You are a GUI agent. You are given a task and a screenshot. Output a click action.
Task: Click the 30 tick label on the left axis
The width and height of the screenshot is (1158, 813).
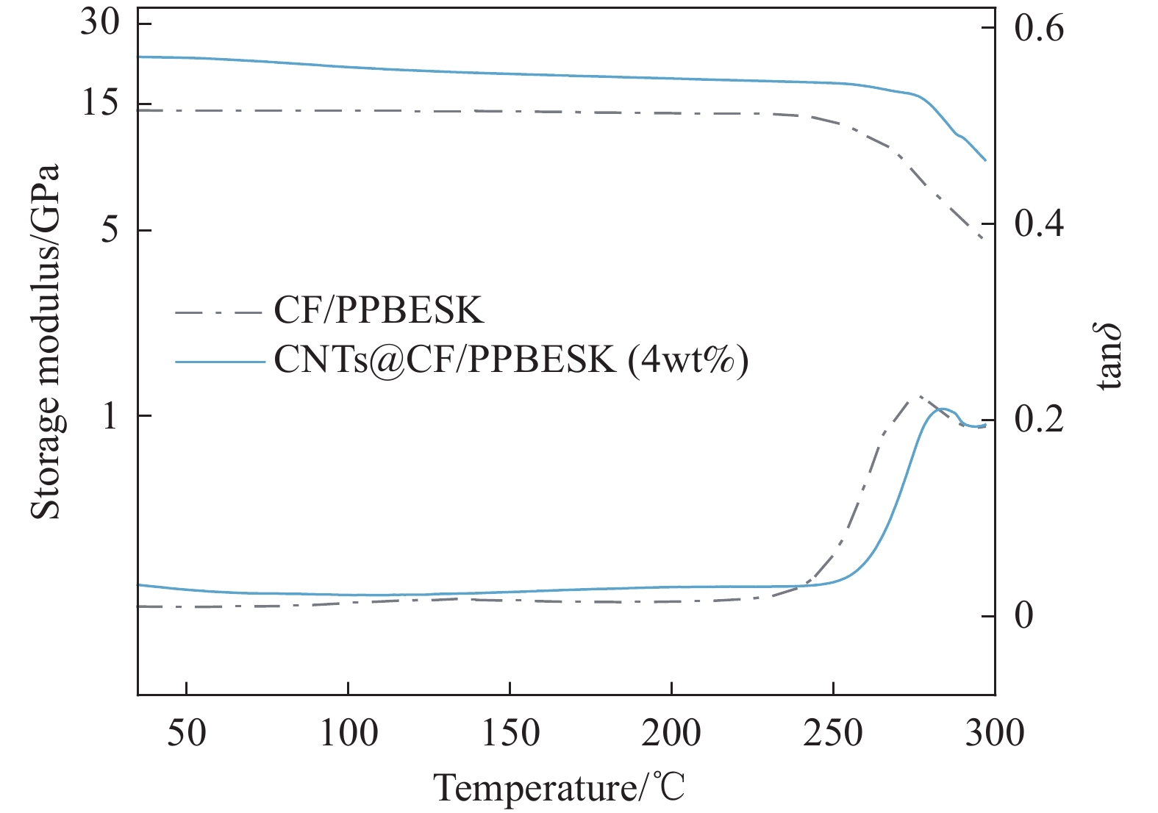[x=100, y=24]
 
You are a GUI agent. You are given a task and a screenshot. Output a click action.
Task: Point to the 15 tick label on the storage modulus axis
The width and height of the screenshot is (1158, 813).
[x=100, y=104]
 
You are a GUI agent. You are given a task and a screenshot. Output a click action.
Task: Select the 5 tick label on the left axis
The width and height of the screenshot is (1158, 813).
[x=109, y=230]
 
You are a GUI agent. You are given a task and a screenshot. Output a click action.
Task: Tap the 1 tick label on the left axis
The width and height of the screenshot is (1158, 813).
[x=110, y=416]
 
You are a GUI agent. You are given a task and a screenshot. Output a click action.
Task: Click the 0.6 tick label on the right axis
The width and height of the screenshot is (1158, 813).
[x=1038, y=29]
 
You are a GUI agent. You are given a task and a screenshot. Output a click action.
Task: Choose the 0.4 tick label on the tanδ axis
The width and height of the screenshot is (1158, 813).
[x=1038, y=224]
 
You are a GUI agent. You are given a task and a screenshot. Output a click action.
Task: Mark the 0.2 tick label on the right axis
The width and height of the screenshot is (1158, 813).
[x=1038, y=420]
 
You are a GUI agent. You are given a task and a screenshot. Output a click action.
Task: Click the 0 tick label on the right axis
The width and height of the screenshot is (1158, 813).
[x=1023, y=616]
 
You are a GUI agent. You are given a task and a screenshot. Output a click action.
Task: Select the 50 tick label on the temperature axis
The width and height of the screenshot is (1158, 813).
[x=187, y=733]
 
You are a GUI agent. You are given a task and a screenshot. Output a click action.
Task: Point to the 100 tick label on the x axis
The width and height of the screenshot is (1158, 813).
[x=348, y=733]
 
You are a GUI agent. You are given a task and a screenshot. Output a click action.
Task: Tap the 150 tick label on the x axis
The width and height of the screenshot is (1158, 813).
[x=510, y=733]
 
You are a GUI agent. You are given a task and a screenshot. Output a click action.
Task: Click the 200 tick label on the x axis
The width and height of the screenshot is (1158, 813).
[x=671, y=733]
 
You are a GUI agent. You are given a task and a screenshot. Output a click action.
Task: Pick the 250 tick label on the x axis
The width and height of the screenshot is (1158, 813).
[x=832, y=733]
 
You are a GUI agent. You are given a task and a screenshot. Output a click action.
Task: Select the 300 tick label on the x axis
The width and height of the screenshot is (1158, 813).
[x=994, y=733]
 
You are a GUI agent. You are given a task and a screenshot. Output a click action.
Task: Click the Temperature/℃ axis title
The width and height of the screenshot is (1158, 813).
[x=560, y=788]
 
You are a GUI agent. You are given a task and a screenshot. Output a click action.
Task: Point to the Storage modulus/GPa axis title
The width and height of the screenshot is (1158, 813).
[x=46, y=342]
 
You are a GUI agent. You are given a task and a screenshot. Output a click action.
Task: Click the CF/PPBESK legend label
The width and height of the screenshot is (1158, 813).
[x=379, y=311]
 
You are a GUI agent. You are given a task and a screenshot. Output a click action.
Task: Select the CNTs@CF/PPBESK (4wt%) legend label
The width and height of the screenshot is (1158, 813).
[x=511, y=360]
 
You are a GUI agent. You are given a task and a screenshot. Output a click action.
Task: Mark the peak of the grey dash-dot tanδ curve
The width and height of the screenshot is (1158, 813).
[x=918, y=398]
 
